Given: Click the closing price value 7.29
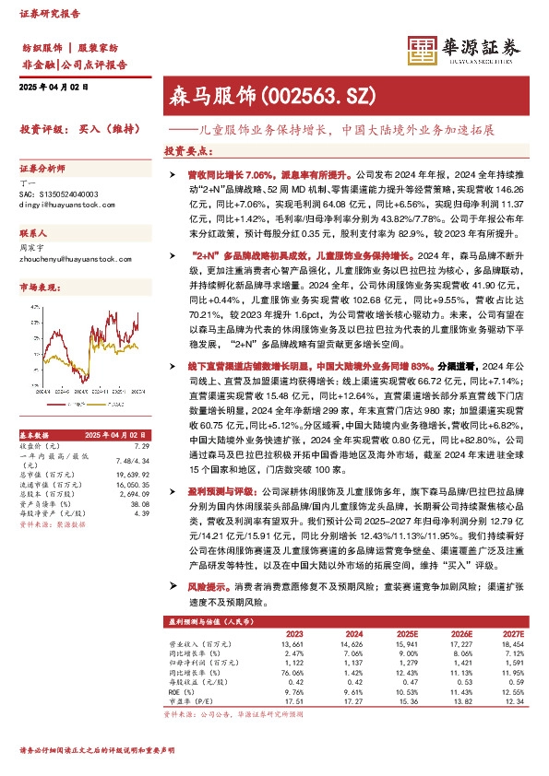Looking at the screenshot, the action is click(141, 445).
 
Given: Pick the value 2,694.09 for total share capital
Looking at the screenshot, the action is click(134, 495).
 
